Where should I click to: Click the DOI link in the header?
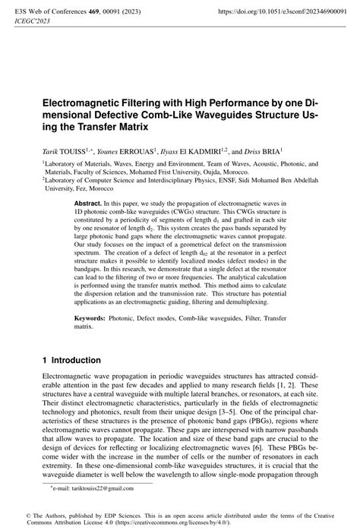click(286, 12)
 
